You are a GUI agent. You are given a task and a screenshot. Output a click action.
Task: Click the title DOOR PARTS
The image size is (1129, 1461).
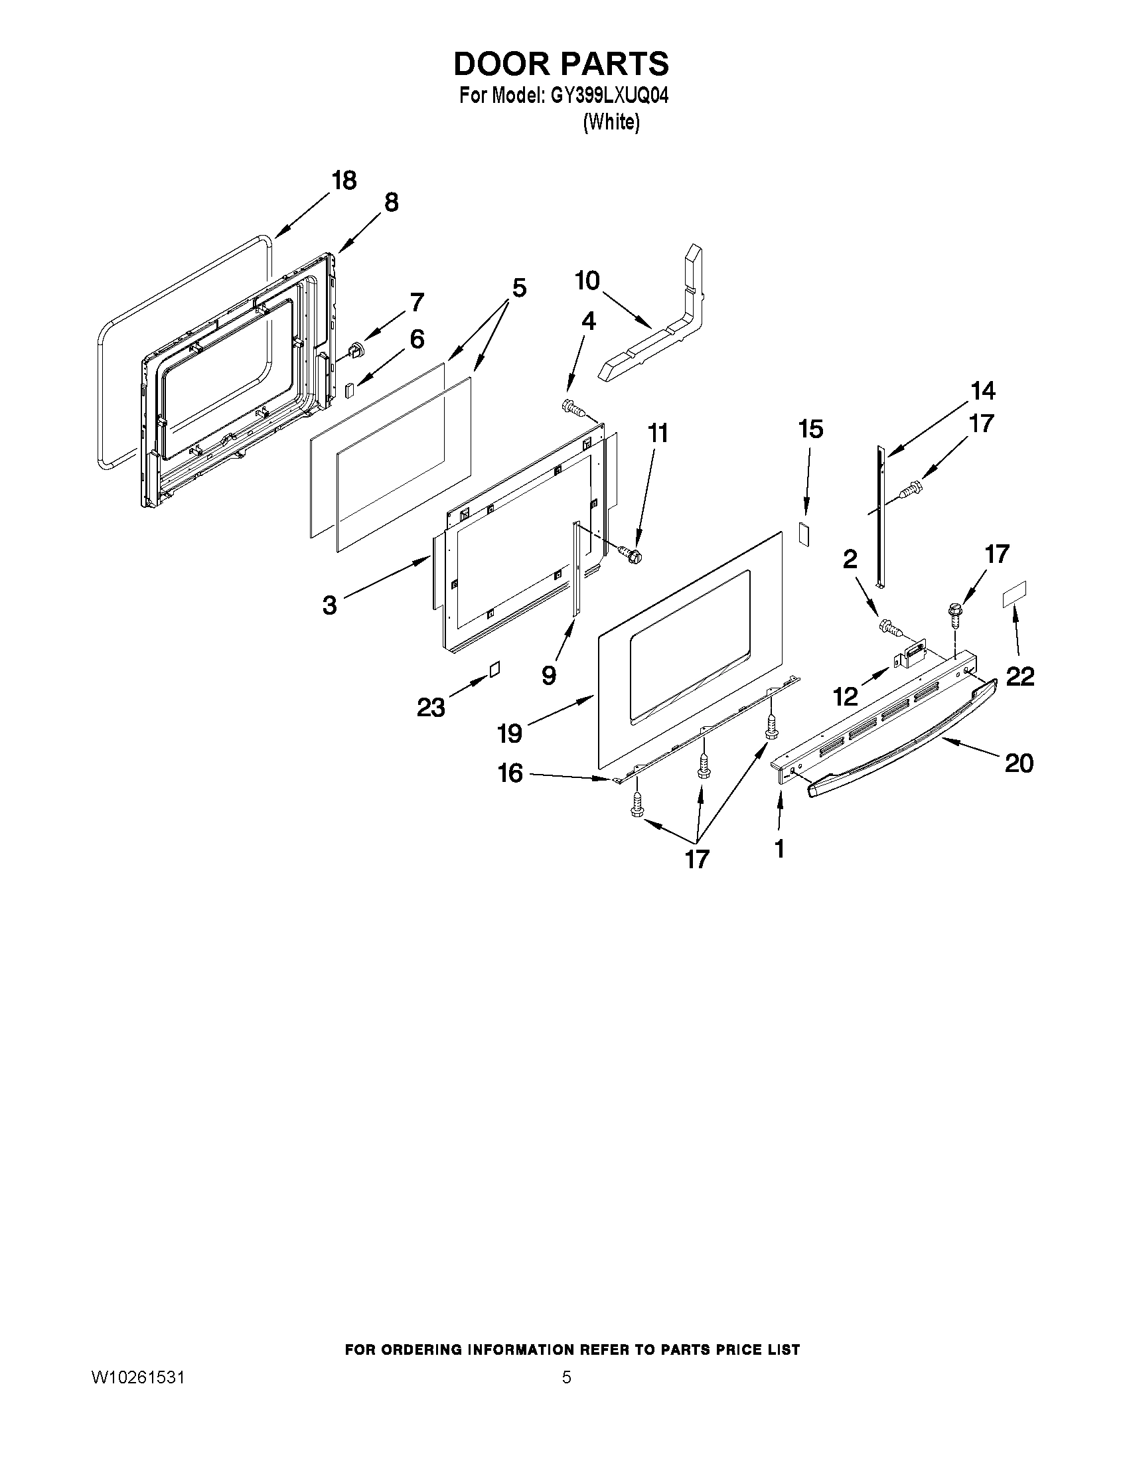click(560, 64)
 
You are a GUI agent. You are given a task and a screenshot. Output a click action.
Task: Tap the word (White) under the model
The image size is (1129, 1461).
click(611, 122)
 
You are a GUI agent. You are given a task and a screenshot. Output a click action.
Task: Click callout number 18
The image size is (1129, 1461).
click(344, 181)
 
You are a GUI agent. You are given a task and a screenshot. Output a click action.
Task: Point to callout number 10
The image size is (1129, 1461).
click(587, 281)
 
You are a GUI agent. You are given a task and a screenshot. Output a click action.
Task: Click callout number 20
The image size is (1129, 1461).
click(1019, 763)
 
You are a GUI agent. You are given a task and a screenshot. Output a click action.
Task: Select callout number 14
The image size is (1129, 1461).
click(983, 391)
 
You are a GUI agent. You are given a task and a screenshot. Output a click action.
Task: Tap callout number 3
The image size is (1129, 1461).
click(329, 605)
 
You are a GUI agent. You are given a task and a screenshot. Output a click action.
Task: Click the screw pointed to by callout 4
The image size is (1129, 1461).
click(572, 408)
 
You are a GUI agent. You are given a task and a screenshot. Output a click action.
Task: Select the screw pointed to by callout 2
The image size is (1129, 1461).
click(889, 627)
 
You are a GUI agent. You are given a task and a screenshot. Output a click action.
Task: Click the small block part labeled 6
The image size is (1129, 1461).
click(349, 390)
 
